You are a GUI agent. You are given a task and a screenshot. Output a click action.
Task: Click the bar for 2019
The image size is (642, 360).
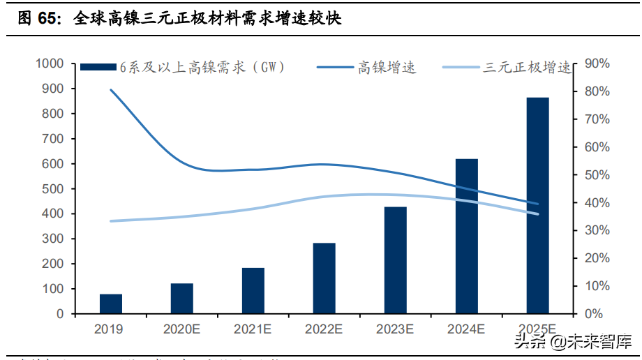111,304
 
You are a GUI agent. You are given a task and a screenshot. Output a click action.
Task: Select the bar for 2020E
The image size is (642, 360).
182,299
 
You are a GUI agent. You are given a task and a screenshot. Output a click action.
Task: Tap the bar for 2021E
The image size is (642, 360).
253,291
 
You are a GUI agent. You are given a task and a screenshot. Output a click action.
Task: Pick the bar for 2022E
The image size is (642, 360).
324,278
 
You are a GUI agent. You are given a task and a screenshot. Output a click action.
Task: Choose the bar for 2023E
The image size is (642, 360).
395,260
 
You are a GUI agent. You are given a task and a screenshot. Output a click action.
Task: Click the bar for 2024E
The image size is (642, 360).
467,237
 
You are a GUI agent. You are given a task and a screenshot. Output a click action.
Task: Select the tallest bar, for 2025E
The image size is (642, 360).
537,206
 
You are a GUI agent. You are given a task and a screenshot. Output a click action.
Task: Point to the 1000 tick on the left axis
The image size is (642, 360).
50,63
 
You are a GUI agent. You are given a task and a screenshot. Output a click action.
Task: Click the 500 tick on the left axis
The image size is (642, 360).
53,189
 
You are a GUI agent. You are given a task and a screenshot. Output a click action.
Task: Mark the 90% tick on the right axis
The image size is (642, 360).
597,63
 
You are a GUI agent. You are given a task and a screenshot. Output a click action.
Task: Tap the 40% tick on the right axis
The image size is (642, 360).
597,203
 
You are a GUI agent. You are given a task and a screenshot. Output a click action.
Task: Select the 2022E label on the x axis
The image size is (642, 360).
324,329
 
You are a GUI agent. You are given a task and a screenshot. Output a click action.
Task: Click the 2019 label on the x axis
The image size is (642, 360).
111,329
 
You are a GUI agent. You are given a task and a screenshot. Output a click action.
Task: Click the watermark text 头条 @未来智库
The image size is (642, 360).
572,342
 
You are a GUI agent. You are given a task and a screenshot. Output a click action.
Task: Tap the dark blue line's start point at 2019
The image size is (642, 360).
111,89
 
